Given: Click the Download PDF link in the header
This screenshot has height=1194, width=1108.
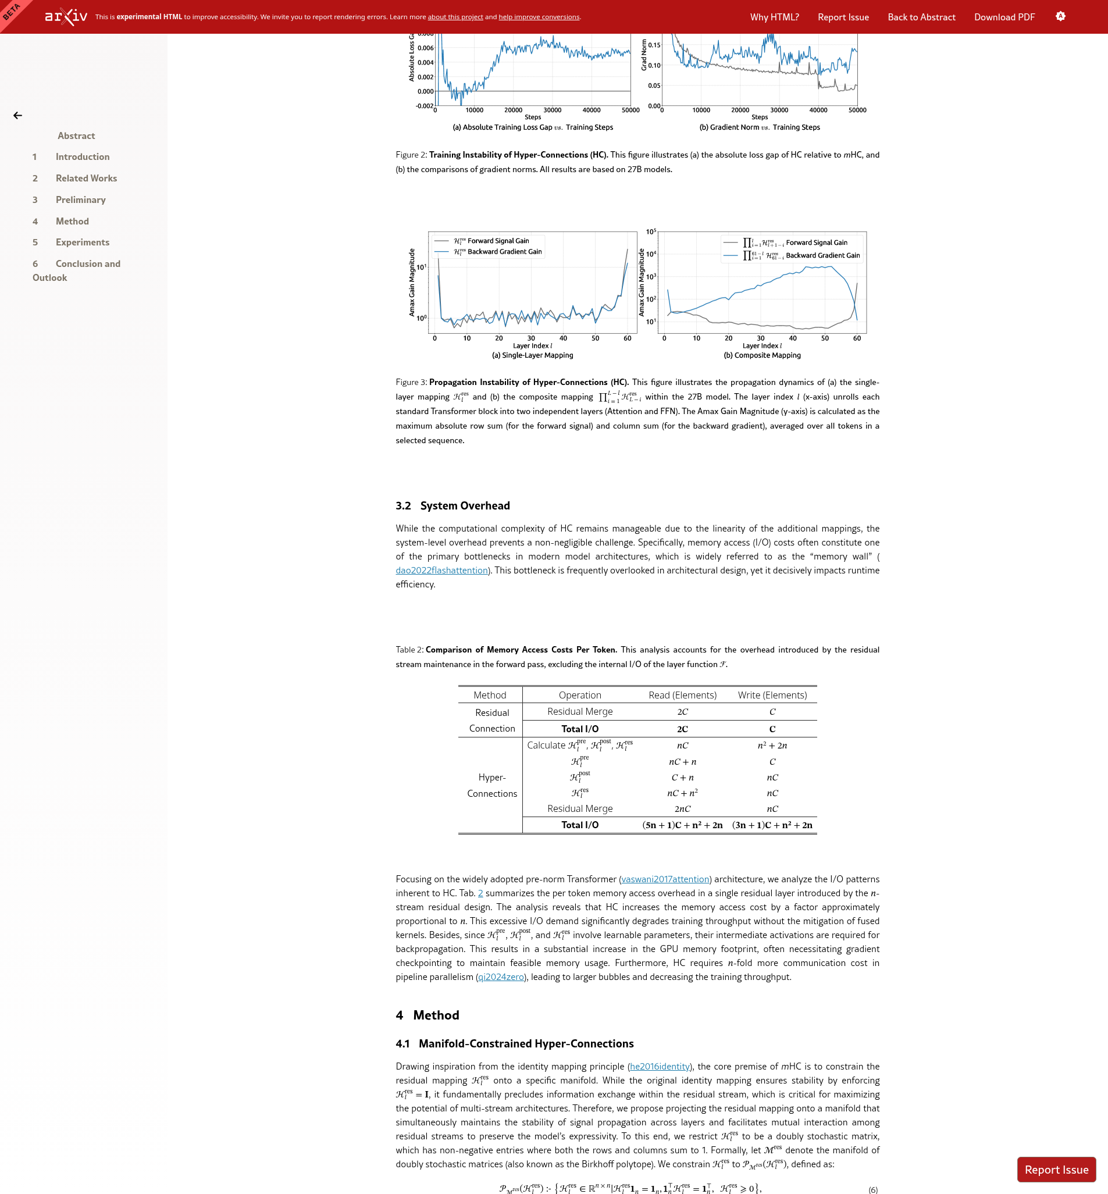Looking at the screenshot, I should [x=1004, y=17].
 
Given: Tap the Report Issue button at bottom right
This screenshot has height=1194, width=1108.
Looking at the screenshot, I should [x=1056, y=1170].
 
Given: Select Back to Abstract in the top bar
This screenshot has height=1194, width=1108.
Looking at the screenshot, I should [x=921, y=17].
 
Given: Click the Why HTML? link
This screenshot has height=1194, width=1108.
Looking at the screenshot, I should [x=774, y=17].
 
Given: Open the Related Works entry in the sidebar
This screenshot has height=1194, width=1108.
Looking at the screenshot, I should [x=86, y=178].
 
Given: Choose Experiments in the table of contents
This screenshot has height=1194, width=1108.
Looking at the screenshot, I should [x=83, y=242].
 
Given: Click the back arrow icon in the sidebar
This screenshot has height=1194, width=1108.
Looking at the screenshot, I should [x=18, y=116].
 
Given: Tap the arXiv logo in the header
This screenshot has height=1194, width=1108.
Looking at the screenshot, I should [x=66, y=16].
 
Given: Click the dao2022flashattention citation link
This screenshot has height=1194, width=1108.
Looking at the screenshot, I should [x=441, y=570].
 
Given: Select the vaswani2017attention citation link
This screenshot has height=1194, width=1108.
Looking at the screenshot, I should [x=665, y=879].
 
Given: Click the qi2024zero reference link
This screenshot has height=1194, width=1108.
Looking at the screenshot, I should [x=501, y=976].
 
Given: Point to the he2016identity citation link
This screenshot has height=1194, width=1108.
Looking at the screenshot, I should [x=660, y=1066].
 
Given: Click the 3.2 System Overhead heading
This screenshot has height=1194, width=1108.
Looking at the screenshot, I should [x=453, y=505].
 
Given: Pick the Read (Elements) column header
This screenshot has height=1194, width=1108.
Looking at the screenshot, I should [x=682, y=694].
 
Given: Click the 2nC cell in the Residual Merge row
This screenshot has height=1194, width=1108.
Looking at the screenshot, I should [x=682, y=808].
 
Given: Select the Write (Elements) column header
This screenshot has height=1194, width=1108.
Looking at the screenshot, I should [x=772, y=694].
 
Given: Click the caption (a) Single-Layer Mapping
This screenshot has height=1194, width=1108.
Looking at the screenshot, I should [x=532, y=355].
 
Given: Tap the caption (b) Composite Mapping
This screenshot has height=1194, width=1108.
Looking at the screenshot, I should [x=762, y=355].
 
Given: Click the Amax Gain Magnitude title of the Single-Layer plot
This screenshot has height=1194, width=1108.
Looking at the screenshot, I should [x=412, y=282].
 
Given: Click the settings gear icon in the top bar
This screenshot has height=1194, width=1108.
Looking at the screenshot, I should [x=1060, y=16].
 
